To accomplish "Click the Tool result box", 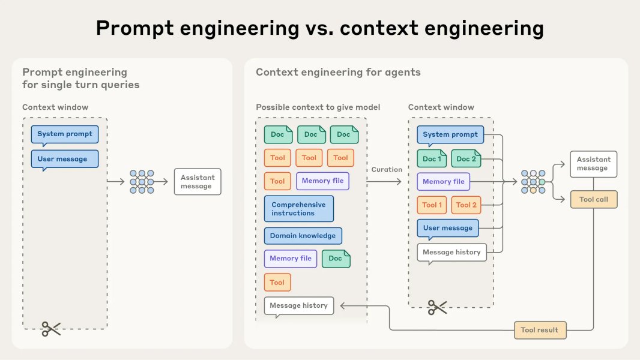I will coord(540,329).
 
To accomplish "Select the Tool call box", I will coord(593,200).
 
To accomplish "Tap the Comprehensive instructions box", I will coord(298,209).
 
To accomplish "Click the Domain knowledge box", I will coord(303,236).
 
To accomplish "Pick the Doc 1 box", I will coord(432,158).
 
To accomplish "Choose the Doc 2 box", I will coord(466,158).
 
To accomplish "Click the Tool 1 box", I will coord(432,205).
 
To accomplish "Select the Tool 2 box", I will coord(466,205).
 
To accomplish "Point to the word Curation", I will coord(387,169).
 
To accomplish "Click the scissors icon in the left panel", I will coord(51,328).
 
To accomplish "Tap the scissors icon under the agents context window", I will coord(437,308).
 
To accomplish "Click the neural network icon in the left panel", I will coord(142,182).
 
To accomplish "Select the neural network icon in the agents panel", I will coord(533,182).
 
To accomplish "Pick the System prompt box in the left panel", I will coord(65,134).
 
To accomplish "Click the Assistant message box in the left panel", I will coord(197,182).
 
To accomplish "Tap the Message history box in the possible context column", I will coord(298,305).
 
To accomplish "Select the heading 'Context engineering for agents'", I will coord(338,72).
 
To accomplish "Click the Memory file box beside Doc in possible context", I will coord(291,258).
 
